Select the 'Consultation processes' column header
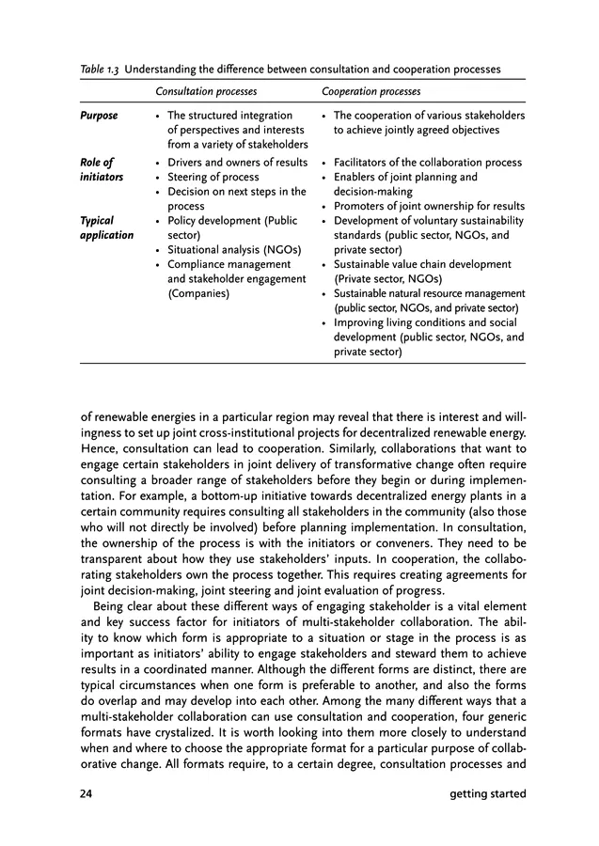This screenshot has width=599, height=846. click(x=206, y=92)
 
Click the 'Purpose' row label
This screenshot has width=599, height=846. click(x=99, y=116)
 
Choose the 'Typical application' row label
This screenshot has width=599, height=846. click(x=106, y=227)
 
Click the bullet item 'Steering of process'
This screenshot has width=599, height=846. click(x=213, y=177)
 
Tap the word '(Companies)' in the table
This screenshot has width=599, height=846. click(x=198, y=293)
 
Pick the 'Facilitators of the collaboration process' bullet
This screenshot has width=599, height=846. click(x=428, y=163)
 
